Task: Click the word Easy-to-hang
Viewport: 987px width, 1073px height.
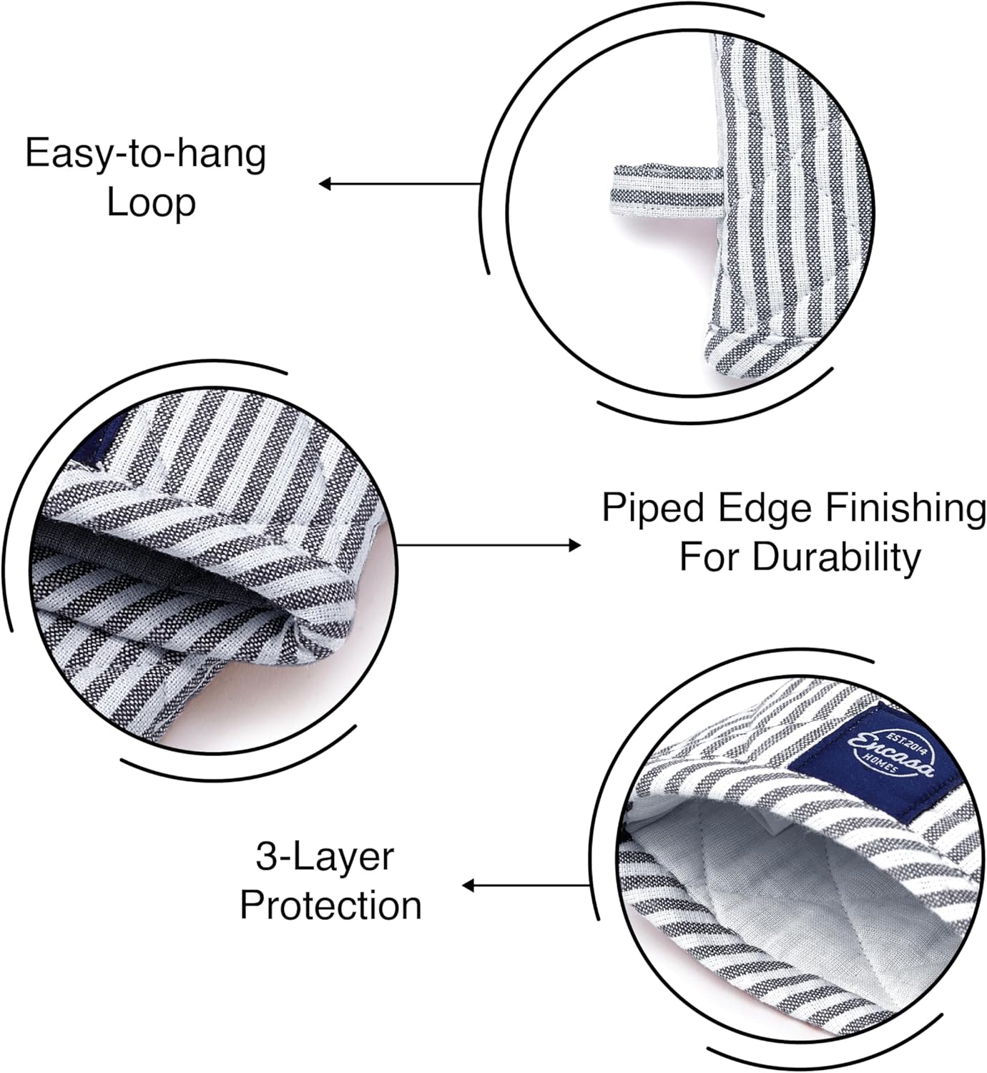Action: pos(145,155)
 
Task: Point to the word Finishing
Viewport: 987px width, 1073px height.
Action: pos(904,509)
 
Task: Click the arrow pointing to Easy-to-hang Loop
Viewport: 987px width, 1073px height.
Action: pos(400,184)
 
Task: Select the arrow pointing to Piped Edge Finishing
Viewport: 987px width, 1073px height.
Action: pos(488,545)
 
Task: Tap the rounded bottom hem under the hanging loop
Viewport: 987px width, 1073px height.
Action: pos(765,353)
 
